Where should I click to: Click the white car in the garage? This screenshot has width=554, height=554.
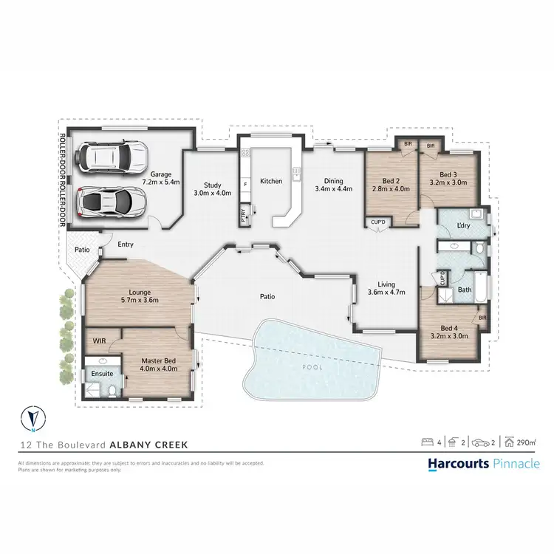[113, 156]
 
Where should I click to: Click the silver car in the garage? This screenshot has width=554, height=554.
[112, 199]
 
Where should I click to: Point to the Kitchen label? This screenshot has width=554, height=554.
[270, 181]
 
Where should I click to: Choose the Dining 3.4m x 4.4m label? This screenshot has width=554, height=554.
[333, 185]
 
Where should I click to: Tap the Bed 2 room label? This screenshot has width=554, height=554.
[391, 185]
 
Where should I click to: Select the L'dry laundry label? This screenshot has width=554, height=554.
[465, 225]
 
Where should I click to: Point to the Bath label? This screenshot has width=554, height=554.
[465, 290]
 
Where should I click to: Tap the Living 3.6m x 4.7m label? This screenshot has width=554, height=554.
[385, 288]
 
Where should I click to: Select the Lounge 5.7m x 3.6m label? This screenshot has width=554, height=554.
[140, 296]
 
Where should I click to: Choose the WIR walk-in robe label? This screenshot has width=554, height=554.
[98, 341]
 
